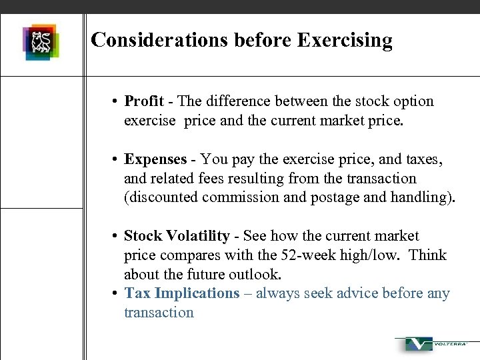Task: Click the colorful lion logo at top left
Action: tap(41, 41)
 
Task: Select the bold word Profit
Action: tap(144, 101)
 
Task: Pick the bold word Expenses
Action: tap(155, 159)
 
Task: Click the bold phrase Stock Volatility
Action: tap(177, 236)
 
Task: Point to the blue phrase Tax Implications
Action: tap(181, 293)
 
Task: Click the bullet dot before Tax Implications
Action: tap(115, 294)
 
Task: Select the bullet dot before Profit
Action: tap(115, 102)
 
